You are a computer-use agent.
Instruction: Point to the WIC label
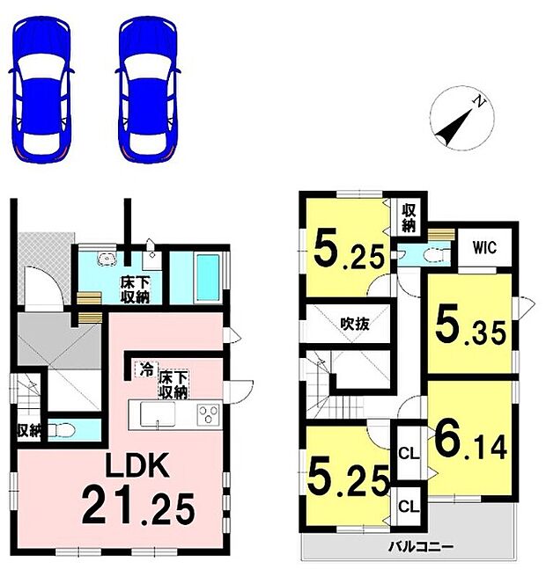pos(483,248)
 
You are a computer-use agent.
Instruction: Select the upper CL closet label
pos(408,455)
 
